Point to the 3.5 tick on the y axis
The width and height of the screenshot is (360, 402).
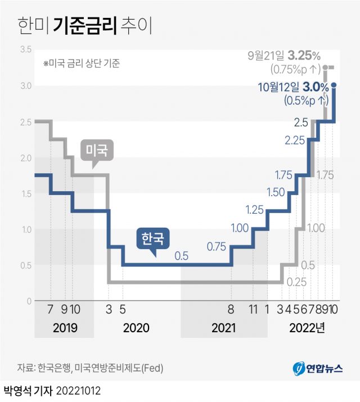pos(25,49)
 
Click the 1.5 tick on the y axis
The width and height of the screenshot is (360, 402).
pos(25,193)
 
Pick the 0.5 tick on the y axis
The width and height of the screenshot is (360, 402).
pos(25,265)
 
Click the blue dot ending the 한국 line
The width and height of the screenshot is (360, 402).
pos(334,85)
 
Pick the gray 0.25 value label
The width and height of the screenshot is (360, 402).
pos(296,282)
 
